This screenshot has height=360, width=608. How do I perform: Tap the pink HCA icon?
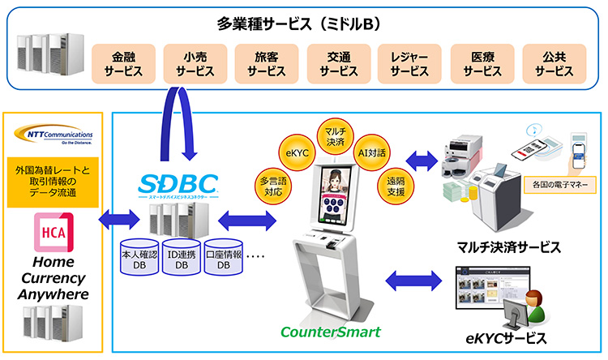pos(54,231)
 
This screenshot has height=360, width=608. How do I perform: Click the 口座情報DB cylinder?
pos(223,258)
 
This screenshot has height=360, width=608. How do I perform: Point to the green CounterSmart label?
pos(318,332)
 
